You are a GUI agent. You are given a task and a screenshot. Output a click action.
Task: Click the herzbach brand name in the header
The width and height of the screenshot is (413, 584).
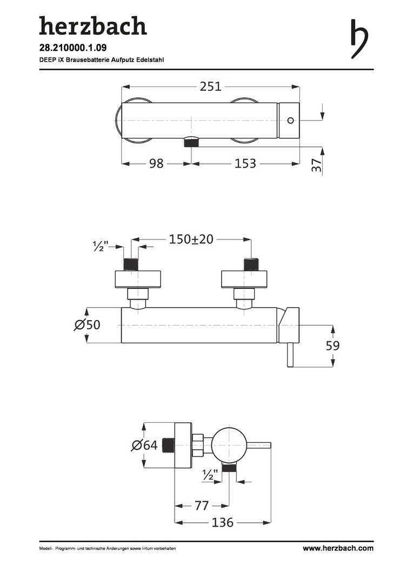pos(93,26)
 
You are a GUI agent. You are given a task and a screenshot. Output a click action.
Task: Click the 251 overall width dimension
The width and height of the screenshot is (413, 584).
pos(211,87)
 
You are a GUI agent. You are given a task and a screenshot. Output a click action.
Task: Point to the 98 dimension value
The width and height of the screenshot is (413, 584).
pos(156,163)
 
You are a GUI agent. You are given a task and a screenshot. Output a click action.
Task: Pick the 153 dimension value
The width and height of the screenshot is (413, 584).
pos(245,163)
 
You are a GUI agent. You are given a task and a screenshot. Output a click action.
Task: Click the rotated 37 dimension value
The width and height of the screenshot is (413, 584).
pos(316,164)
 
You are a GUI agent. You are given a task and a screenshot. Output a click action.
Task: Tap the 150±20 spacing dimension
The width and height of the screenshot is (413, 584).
pos(191,239)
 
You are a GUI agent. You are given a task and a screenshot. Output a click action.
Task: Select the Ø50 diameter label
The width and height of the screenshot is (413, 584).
pos(87,324)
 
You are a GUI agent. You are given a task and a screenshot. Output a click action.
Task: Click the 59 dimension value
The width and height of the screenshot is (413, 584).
pos(332,346)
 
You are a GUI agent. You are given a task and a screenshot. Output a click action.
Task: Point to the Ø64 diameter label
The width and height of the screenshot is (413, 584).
pos(144,444)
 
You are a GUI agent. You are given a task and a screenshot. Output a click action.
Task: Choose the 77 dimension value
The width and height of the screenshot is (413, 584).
pos(202,506)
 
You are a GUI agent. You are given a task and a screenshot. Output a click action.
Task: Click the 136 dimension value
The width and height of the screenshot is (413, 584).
pos(223,522)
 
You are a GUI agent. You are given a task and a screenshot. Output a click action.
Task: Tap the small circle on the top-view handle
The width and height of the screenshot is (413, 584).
pos(291,120)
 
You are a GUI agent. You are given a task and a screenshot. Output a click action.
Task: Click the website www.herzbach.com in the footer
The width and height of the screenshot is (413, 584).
pos(338,548)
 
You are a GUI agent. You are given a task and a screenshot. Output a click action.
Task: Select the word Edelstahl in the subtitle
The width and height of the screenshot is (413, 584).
pos(152,59)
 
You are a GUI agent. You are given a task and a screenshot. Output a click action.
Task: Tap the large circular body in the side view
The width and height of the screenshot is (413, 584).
pos(228,444)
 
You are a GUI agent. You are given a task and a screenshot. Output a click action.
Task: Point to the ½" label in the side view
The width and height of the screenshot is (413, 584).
pos(210,475)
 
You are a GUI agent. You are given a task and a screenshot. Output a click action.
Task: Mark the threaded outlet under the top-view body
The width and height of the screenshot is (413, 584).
pos(191,142)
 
